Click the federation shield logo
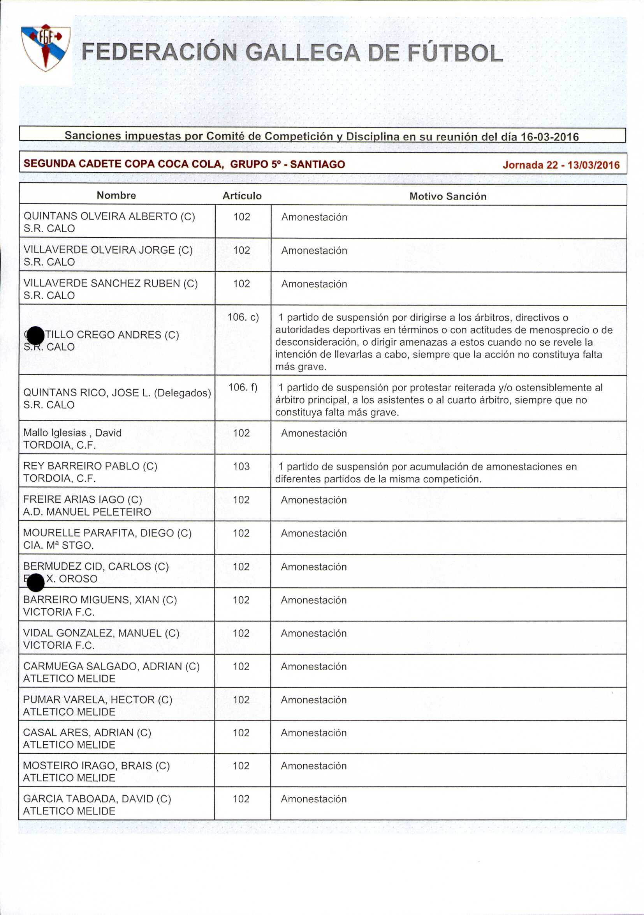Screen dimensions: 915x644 point(46,48)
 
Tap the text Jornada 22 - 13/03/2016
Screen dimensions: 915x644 point(561,165)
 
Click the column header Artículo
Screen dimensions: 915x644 point(242,196)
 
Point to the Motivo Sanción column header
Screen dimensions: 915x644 point(448,196)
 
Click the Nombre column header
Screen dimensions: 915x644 point(116,195)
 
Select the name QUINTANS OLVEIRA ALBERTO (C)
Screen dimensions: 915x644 point(109,216)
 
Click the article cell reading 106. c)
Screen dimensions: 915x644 point(243,317)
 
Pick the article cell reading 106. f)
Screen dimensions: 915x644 point(243,387)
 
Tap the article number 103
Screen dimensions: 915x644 point(241,466)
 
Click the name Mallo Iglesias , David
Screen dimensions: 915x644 point(72,433)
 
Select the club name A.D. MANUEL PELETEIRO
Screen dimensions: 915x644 point(87,512)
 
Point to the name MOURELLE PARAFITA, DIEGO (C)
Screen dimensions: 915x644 point(107,533)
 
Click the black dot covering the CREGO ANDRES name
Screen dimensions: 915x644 point(36,335)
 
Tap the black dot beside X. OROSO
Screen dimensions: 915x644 point(36,583)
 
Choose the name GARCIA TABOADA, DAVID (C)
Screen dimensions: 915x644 point(97,799)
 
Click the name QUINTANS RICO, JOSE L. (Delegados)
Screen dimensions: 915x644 point(117,393)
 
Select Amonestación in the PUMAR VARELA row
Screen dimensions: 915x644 point(313,700)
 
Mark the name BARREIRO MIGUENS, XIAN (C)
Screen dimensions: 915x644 point(100,600)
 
